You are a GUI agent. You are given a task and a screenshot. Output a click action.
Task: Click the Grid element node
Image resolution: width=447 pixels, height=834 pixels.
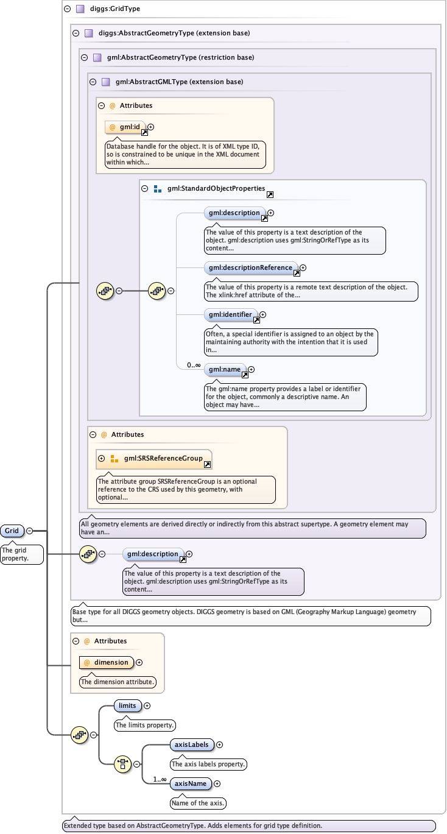(x=12, y=531)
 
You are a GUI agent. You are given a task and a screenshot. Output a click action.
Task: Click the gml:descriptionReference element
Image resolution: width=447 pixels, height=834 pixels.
(x=251, y=267)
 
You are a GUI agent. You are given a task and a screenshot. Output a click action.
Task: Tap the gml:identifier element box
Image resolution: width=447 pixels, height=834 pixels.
(x=230, y=315)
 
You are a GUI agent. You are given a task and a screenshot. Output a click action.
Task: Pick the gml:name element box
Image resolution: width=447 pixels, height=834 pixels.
(x=225, y=369)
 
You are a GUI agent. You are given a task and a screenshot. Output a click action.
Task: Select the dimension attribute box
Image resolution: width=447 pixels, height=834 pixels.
(x=106, y=662)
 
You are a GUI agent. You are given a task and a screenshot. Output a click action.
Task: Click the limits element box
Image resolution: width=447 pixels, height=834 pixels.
(x=127, y=705)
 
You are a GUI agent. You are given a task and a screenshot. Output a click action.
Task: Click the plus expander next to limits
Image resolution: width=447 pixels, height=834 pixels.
(x=147, y=705)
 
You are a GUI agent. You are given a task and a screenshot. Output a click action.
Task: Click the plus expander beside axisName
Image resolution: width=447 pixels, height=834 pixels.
(x=217, y=783)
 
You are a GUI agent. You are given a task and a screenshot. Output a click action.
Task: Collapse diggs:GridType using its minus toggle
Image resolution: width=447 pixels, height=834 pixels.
(x=67, y=9)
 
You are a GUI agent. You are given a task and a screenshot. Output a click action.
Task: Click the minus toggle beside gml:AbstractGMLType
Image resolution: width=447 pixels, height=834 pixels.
(x=93, y=82)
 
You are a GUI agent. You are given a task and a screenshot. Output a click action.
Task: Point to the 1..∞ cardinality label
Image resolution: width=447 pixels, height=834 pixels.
(x=160, y=779)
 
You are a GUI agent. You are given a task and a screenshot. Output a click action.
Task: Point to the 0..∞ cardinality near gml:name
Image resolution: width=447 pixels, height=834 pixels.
(x=194, y=365)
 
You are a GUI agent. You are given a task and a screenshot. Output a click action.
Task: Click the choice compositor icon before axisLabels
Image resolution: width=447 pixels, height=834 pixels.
(x=123, y=763)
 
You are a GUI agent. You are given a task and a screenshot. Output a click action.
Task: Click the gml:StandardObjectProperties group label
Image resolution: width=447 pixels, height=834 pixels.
(x=216, y=189)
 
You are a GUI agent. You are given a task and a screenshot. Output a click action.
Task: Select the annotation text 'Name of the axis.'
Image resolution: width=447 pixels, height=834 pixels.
(x=198, y=803)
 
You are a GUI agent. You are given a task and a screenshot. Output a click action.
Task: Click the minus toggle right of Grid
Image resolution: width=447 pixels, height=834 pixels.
(x=29, y=531)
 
